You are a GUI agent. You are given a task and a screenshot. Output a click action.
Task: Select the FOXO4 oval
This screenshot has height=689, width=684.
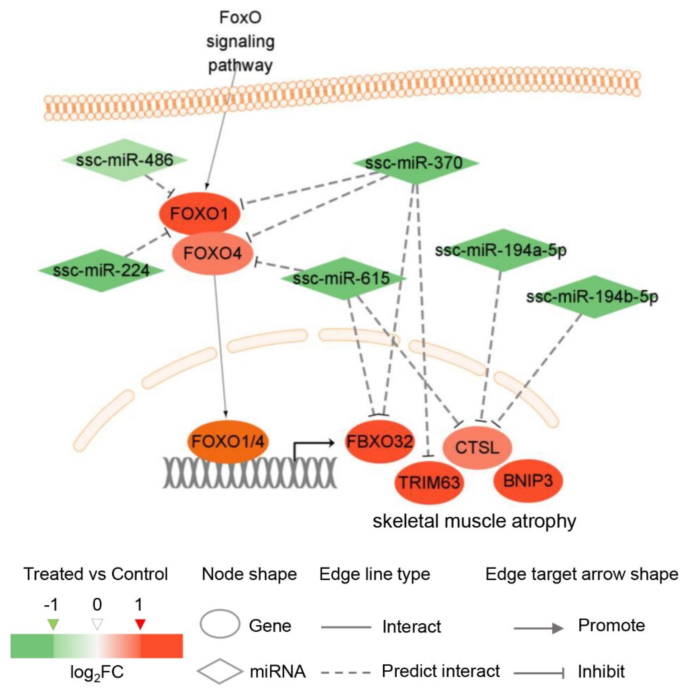212,253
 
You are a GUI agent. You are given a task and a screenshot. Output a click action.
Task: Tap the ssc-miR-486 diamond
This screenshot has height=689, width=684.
125,160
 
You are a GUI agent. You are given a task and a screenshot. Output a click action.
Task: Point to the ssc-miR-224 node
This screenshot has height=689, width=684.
101,270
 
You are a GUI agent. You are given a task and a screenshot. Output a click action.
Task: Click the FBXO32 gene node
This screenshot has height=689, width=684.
379,441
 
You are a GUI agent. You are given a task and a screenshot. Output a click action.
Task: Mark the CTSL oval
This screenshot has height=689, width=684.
477,448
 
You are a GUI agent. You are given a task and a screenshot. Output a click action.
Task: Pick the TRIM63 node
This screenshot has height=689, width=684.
429,482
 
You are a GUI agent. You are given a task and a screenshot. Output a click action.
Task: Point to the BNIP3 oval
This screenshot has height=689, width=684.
528,481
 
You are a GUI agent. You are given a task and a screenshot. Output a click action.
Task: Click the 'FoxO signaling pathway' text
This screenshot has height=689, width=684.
240,42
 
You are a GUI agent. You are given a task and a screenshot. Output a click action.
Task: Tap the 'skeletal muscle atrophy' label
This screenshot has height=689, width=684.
474,521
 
